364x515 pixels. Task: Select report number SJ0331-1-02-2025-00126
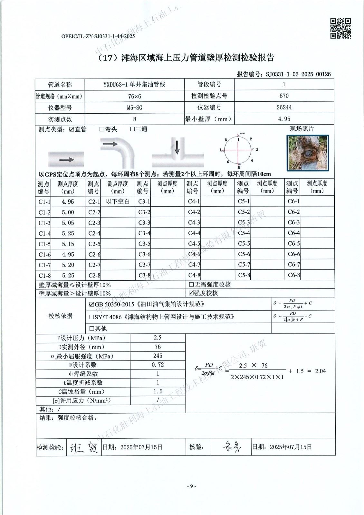click(x=298, y=74)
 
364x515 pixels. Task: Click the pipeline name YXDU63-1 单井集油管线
click(x=134, y=85)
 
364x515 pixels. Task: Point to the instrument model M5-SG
click(x=134, y=108)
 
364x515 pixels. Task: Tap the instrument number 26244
click(x=284, y=108)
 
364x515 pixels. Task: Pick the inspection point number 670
click(x=284, y=96)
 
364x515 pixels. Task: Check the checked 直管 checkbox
click(x=72, y=129)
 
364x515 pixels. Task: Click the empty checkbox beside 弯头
click(x=102, y=129)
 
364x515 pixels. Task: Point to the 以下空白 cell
click(x=118, y=202)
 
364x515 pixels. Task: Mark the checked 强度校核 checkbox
click(x=191, y=293)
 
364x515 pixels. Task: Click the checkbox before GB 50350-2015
click(x=91, y=304)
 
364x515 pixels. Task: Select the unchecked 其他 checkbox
click(x=91, y=329)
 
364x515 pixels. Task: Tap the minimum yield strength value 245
click(x=158, y=356)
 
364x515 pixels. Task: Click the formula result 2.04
click(x=320, y=371)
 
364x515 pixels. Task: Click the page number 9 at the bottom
click(x=191, y=486)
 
